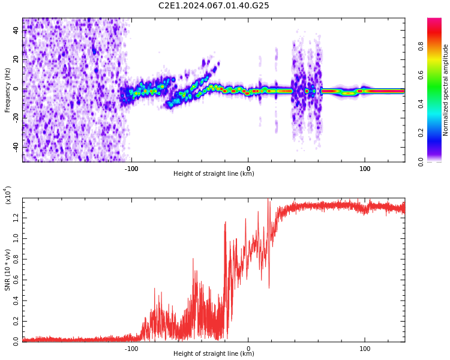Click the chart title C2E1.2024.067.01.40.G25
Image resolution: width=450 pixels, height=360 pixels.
tap(214, 6)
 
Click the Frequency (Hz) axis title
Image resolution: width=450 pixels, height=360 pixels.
tap(8, 90)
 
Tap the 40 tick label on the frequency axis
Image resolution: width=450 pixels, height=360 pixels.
tap(16, 32)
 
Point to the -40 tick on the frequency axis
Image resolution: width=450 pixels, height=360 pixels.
tap(14, 147)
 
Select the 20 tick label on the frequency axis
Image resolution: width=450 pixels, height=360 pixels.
tap(16, 61)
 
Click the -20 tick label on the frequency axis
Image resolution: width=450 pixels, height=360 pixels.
tap(14, 118)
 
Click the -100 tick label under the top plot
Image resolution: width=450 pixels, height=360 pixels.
tap(131, 168)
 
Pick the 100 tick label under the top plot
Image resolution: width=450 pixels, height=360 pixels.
tap(365, 168)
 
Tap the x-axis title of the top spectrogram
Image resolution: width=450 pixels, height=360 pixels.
tap(214, 174)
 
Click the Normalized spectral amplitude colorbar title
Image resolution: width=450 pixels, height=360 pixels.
tap(446, 90)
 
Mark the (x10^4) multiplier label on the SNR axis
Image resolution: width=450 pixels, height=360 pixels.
tap(8, 196)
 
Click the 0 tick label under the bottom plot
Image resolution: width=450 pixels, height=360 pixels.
tap(248, 348)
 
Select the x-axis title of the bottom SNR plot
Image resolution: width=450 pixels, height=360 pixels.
tap(214, 354)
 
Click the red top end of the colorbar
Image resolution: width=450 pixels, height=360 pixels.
tap(434, 22)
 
